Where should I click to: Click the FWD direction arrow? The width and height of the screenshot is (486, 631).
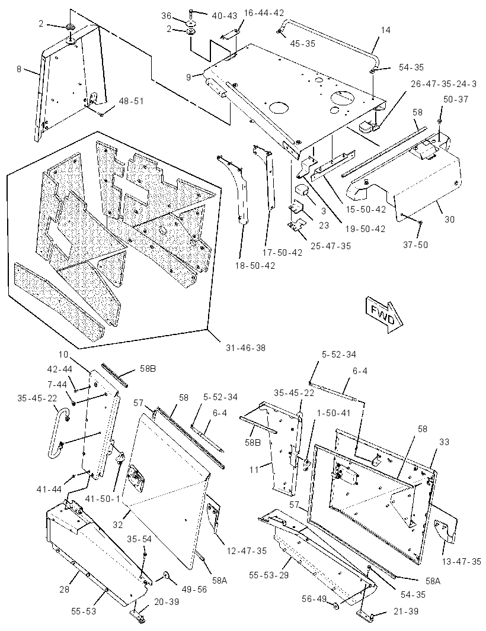click(385, 314)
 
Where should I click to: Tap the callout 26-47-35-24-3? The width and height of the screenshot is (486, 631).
click(444, 83)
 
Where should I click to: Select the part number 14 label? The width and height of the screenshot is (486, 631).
click(386, 30)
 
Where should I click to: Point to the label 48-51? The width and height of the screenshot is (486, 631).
click(132, 101)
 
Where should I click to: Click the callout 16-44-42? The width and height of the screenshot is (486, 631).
click(264, 12)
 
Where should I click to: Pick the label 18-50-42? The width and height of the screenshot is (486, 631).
click(255, 266)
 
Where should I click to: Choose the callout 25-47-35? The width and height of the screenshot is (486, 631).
click(331, 246)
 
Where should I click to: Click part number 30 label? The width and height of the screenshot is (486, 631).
click(449, 220)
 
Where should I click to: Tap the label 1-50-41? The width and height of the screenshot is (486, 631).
click(334, 413)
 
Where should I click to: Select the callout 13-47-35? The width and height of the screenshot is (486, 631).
click(461, 561)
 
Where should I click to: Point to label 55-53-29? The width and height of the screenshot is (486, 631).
click(269, 575)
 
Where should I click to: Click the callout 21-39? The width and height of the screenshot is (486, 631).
click(406, 611)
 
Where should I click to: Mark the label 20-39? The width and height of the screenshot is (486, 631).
click(166, 601)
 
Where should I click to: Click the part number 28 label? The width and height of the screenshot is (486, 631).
click(65, 590)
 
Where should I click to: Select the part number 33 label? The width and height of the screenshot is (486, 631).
click(444, 442)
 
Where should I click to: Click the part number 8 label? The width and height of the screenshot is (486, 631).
click(19, 69)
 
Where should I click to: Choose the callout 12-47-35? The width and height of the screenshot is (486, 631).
click(246, 551)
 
